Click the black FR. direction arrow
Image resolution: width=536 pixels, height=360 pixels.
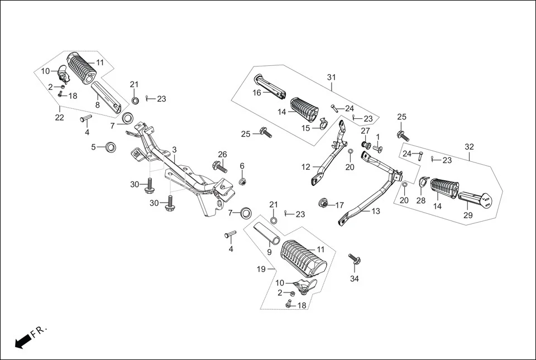22,341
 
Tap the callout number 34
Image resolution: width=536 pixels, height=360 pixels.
355,278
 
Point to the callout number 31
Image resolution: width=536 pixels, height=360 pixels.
332,77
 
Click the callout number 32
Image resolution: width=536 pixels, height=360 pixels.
469,147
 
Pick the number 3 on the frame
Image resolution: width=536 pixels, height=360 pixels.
174,150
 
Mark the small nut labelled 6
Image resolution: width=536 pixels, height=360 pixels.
243,182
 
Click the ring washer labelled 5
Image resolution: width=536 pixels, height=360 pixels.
110,147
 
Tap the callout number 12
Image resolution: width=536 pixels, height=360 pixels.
305,166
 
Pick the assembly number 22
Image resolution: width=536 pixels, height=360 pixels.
59,117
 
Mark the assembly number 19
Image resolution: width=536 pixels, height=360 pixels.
261,269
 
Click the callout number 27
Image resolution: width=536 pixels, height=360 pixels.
365,131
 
